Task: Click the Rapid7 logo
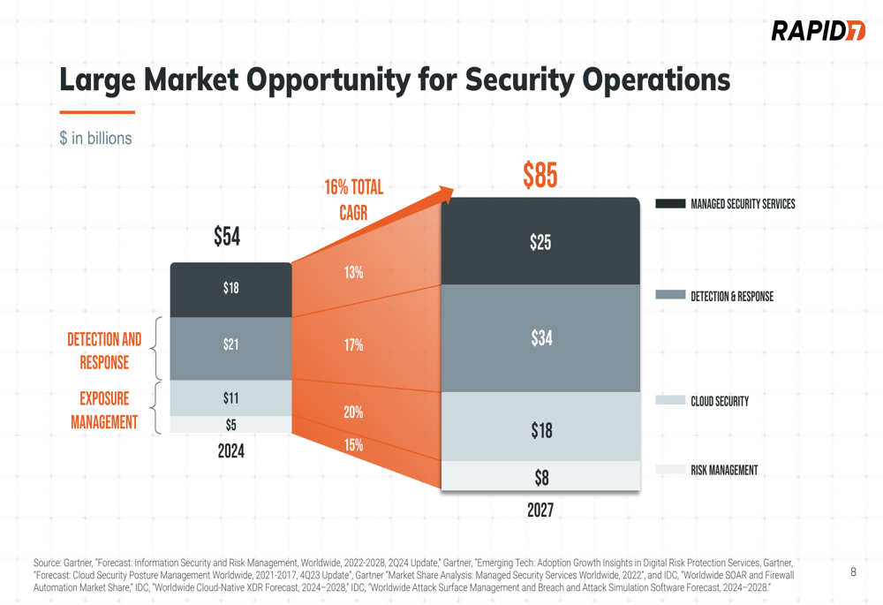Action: click(x=818, y=31)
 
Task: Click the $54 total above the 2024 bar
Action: click(x=227, y=237)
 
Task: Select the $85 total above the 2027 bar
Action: click(x=540, y=176)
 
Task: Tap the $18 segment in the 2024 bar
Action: click(x=230, y=288)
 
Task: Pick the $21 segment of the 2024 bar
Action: click(x=230, y=344)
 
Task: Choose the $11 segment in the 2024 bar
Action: click(x=230, y=398)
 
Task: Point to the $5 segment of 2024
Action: click(x=230, y=425)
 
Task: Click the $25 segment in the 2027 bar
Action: click(x=540, y=242)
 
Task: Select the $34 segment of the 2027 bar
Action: click(x=540, y=337)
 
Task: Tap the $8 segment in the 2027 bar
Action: click(x=540, y=478)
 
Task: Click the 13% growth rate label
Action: click(x=353, y=273)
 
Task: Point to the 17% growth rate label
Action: click(x=353, y=345)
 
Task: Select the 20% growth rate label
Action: click(x=353, y=412)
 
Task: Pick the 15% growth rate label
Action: click(x=353, y=445)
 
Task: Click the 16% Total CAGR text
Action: click(x=353, y=200)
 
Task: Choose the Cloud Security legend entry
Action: click(x=719, y=401)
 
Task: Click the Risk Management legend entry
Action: click(x=723, y=470)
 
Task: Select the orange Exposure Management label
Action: click(x=104, y=411)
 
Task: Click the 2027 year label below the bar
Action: click(x=540, y=510)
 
